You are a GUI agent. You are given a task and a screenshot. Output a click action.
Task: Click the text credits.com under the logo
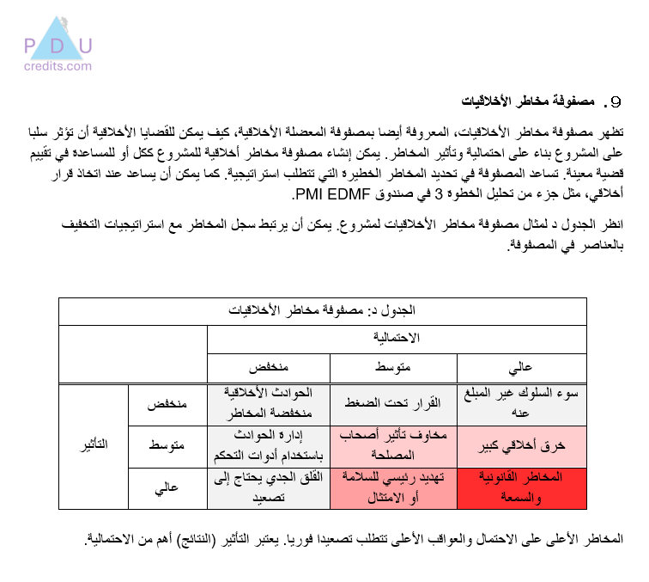coord(58,65)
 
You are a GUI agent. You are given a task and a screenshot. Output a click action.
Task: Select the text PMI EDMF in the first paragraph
coord(331,196)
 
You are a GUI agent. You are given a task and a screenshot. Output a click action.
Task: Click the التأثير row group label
coord(93,447)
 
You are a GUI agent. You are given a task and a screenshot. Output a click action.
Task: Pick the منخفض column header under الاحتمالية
coord(268,367)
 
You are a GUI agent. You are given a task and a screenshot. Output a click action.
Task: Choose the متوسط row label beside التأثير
coord(168,447)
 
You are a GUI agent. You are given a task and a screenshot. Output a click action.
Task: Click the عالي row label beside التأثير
coord(168,487)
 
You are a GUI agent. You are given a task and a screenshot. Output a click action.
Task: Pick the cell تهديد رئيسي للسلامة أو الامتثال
coord(394,487)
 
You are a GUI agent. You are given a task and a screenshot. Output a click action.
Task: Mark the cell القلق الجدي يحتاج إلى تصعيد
coord(268,487)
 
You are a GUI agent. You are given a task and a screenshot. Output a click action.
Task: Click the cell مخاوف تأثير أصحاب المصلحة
coord(394,447)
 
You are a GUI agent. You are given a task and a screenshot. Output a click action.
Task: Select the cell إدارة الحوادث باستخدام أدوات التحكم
coord(268,447)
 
